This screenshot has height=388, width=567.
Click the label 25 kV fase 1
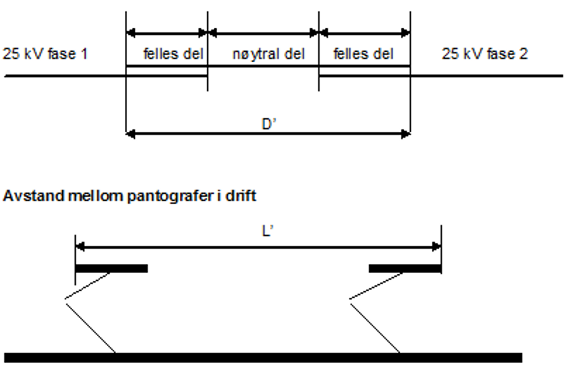(45, 54)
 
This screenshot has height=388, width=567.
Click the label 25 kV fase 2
(485, 54)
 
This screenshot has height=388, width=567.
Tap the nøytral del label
(269, 54)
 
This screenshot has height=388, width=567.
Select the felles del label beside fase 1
(173, 54)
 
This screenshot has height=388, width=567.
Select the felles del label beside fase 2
(363, 54)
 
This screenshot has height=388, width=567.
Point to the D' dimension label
(269, 124)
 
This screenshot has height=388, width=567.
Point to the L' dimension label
(268, 231)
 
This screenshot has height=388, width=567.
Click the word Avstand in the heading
(34, 196)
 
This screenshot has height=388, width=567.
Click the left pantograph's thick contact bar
(112, 268)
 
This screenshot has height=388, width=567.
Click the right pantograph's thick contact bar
(405, 268)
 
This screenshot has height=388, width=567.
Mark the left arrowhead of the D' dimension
(130, 134)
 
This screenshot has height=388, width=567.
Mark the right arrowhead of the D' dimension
(406, 134)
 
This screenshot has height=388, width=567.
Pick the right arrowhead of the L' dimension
(437, 247)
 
